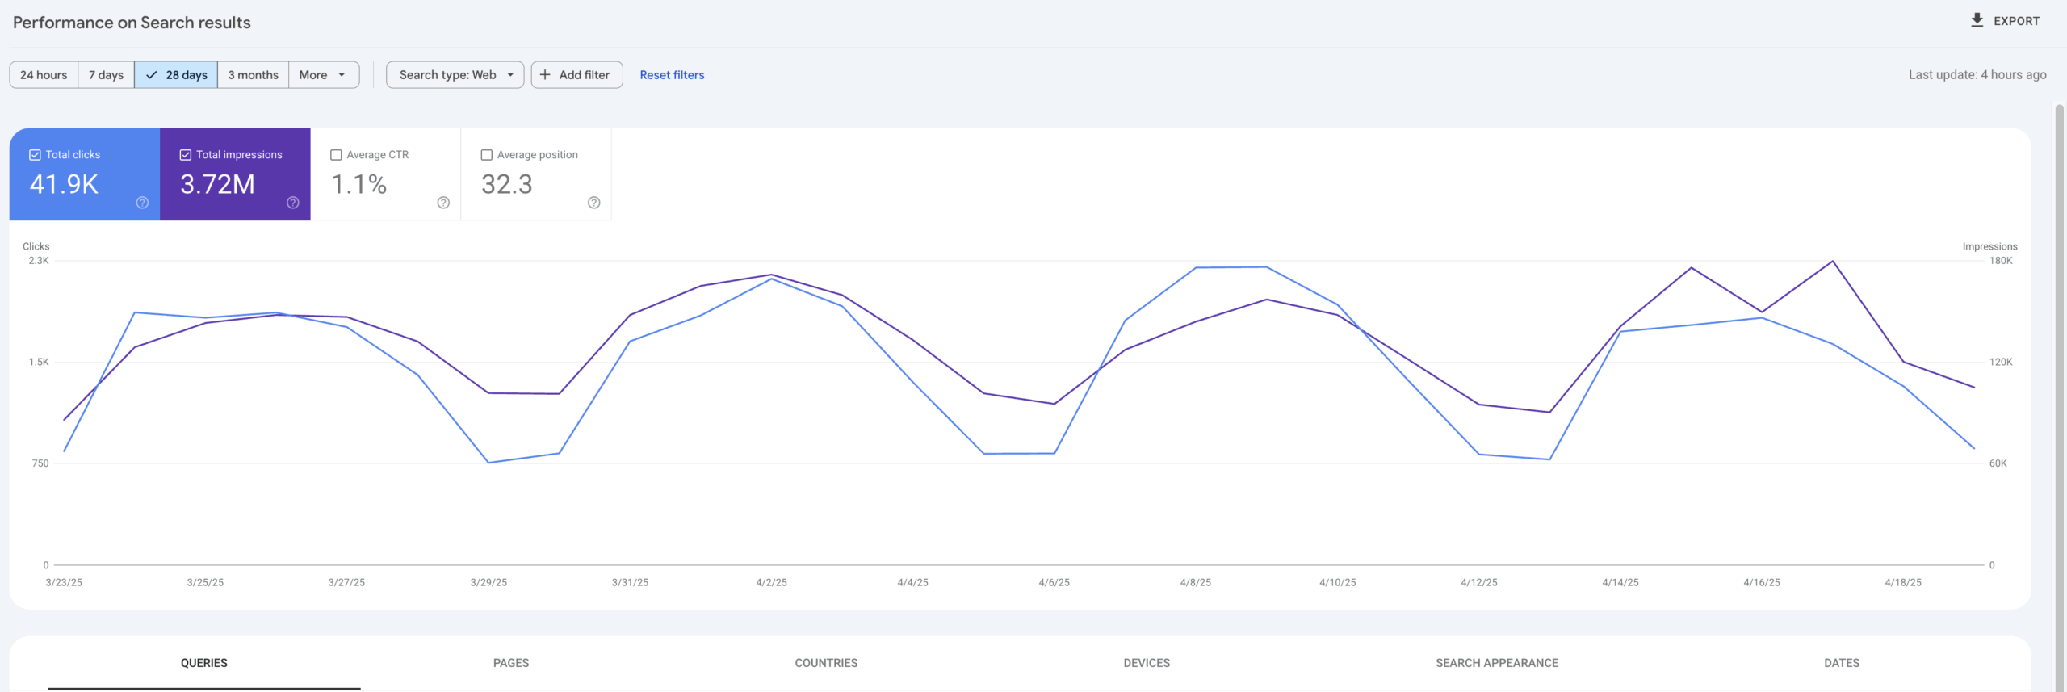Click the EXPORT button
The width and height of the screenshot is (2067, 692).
2005,21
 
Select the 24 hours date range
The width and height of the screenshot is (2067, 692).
44,75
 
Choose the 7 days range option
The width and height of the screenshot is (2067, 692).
106,75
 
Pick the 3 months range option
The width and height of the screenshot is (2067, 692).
253,75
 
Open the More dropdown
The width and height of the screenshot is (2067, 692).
323,75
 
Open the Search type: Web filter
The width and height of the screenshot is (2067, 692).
455,75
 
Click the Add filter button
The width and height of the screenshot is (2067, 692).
576,75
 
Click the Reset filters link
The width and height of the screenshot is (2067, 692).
672,75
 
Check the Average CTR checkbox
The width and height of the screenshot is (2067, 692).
337,155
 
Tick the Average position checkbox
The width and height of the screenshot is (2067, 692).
487,155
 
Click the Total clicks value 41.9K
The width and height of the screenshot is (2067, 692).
64,184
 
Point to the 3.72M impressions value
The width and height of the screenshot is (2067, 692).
217,184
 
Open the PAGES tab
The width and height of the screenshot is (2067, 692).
511,663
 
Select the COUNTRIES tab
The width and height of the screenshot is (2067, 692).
826,663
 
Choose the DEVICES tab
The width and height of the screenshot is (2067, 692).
1147,663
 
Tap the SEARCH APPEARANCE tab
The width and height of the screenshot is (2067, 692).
1497,663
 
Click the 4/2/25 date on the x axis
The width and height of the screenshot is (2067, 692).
771,582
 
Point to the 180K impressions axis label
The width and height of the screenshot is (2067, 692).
2001,261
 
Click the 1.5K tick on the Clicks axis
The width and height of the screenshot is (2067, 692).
39,363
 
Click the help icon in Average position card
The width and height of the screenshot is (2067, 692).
594,203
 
